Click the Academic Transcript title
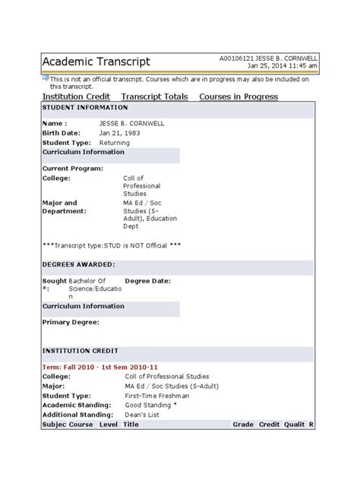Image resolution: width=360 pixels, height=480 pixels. click(96, 62)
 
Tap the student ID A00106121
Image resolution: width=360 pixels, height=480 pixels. click(238, 58)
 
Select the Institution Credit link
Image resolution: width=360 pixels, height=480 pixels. click(76, 96)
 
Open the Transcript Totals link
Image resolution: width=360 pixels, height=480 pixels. click(155, 96)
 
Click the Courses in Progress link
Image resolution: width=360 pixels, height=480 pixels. click(238, 96)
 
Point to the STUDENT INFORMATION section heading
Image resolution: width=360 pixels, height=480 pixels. click(78, 108)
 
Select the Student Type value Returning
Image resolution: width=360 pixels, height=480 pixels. click(115, 142)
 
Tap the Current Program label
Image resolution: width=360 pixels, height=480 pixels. click(73, 168)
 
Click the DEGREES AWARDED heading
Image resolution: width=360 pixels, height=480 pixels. click(78, 264)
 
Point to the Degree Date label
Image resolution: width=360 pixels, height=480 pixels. click(148, 280)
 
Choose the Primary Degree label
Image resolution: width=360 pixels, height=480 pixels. click(71, 322)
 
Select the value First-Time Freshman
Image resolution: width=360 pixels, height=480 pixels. click(157, 396)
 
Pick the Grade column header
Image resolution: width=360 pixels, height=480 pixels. click(243, 425)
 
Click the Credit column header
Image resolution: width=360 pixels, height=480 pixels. click(270, 425)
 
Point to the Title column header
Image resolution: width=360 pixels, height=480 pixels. click(131, 425)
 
